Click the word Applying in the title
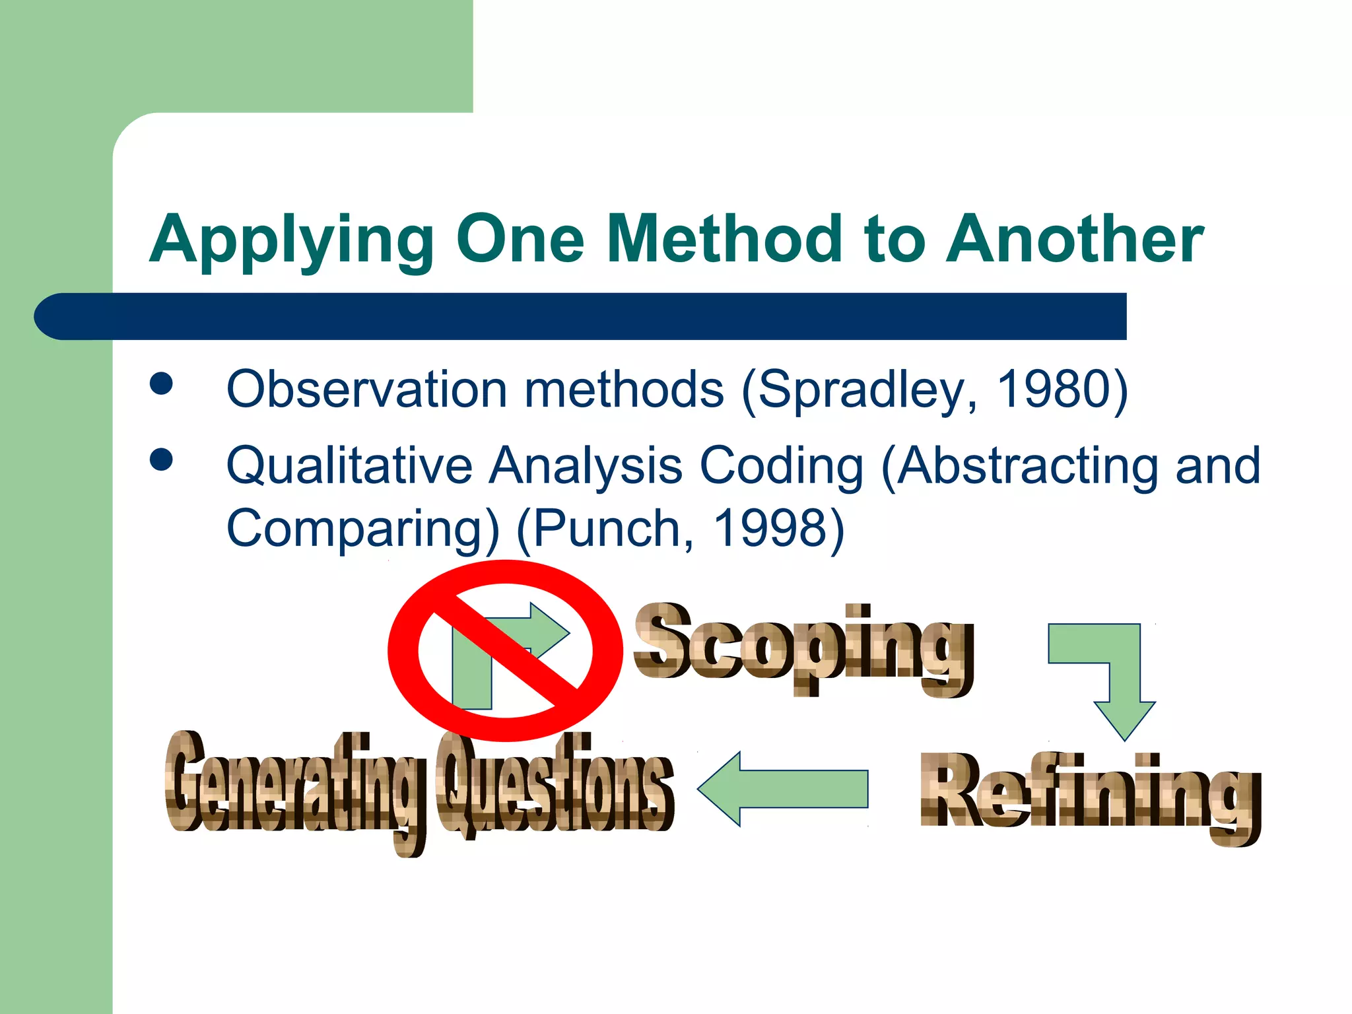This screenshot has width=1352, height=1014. [x=291, y=241]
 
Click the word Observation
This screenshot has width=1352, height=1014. [x=366, y=389]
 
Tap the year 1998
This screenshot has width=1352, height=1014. [x=770, y=528]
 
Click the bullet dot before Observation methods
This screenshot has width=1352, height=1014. [x=161, y=384]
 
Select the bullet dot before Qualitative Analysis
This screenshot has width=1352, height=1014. [x=161, y=459]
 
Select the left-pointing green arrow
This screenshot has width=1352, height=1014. [x=782, y=789]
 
